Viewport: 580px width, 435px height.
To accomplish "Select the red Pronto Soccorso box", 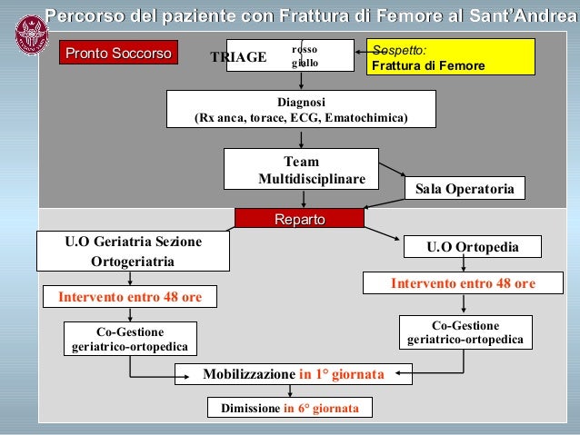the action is coord(118,54).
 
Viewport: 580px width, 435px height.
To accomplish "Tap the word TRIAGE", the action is coord(238,57).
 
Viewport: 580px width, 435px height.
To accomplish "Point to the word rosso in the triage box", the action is coord(305,48).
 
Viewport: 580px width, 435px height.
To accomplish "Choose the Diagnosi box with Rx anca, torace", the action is coord(301,111).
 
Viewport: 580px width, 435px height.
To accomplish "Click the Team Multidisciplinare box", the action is coord(301,170).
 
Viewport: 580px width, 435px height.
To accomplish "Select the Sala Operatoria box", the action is coord(464,189).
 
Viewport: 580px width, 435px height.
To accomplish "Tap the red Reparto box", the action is coord(299,218).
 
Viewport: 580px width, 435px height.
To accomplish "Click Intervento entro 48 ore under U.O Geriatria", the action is coord(130,297).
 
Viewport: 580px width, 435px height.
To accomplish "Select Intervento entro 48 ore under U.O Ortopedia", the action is coord(463,283).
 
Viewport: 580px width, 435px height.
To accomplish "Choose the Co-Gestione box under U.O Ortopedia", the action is coord(465,332).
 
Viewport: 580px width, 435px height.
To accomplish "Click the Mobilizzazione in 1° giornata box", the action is coord(293,374).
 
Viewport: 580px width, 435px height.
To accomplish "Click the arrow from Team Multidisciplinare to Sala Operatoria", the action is coord(392,170).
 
